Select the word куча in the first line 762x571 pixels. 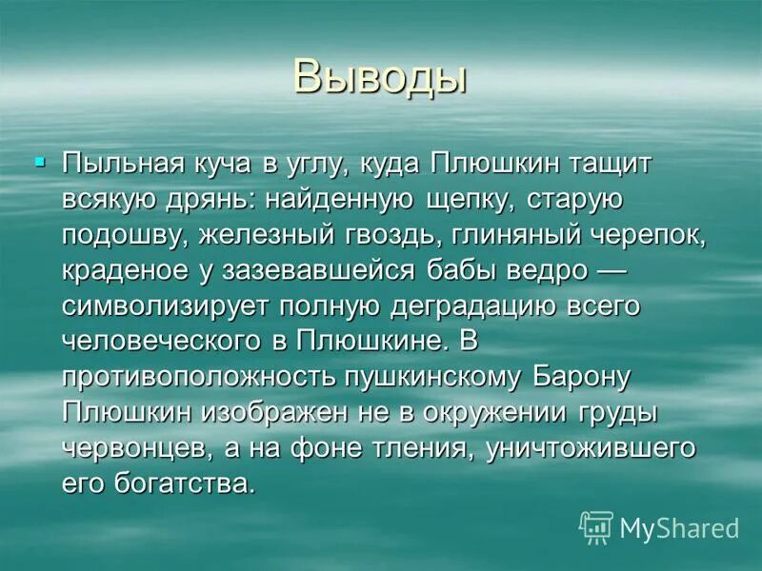click(225, 164)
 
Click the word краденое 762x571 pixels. click(127, 271)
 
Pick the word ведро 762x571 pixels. click(538, 271)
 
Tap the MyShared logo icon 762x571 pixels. click(596, 527)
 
